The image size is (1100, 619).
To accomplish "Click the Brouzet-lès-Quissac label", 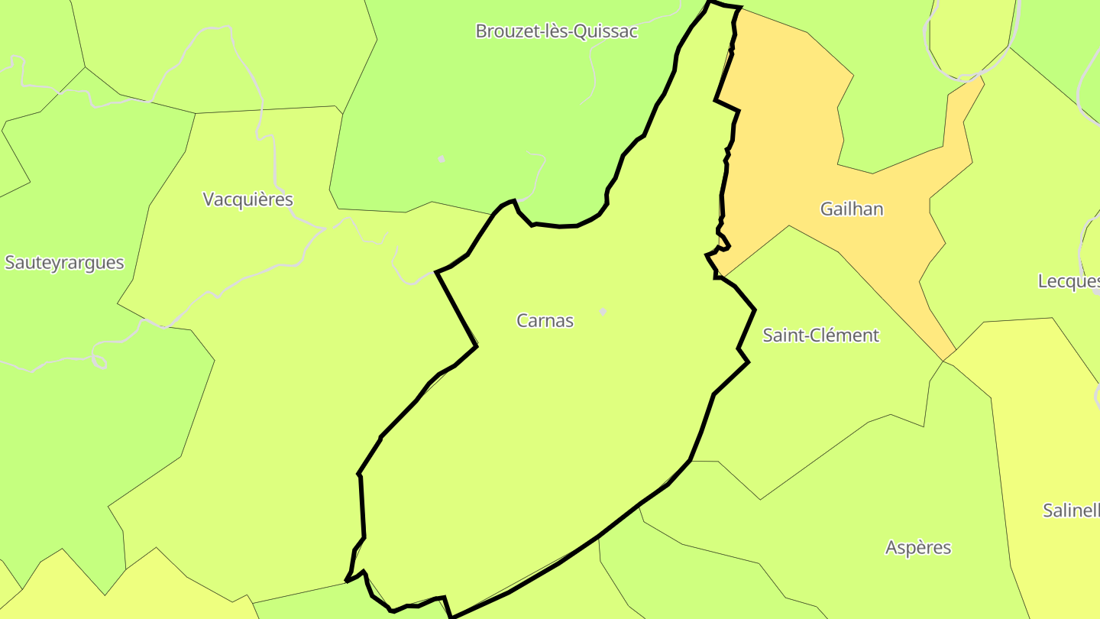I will click(556, 31).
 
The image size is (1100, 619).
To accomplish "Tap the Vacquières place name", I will click(247, 199).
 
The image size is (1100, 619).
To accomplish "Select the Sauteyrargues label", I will click(64, 263).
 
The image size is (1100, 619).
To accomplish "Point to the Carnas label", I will click(545, 321).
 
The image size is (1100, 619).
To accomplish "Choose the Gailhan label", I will click(852, 209).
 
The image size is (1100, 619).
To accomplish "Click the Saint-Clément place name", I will click(820, 335).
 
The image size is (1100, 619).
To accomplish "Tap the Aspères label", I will click(918, 548).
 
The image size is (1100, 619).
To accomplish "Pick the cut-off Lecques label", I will click(1069, 281).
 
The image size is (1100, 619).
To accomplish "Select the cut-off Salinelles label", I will click(1072, 510).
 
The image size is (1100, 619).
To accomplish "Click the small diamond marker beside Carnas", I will click(603, 312).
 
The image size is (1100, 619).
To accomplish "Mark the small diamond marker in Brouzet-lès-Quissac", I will click(441, 159).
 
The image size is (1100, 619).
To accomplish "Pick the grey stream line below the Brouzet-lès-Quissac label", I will click(592, 76).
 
